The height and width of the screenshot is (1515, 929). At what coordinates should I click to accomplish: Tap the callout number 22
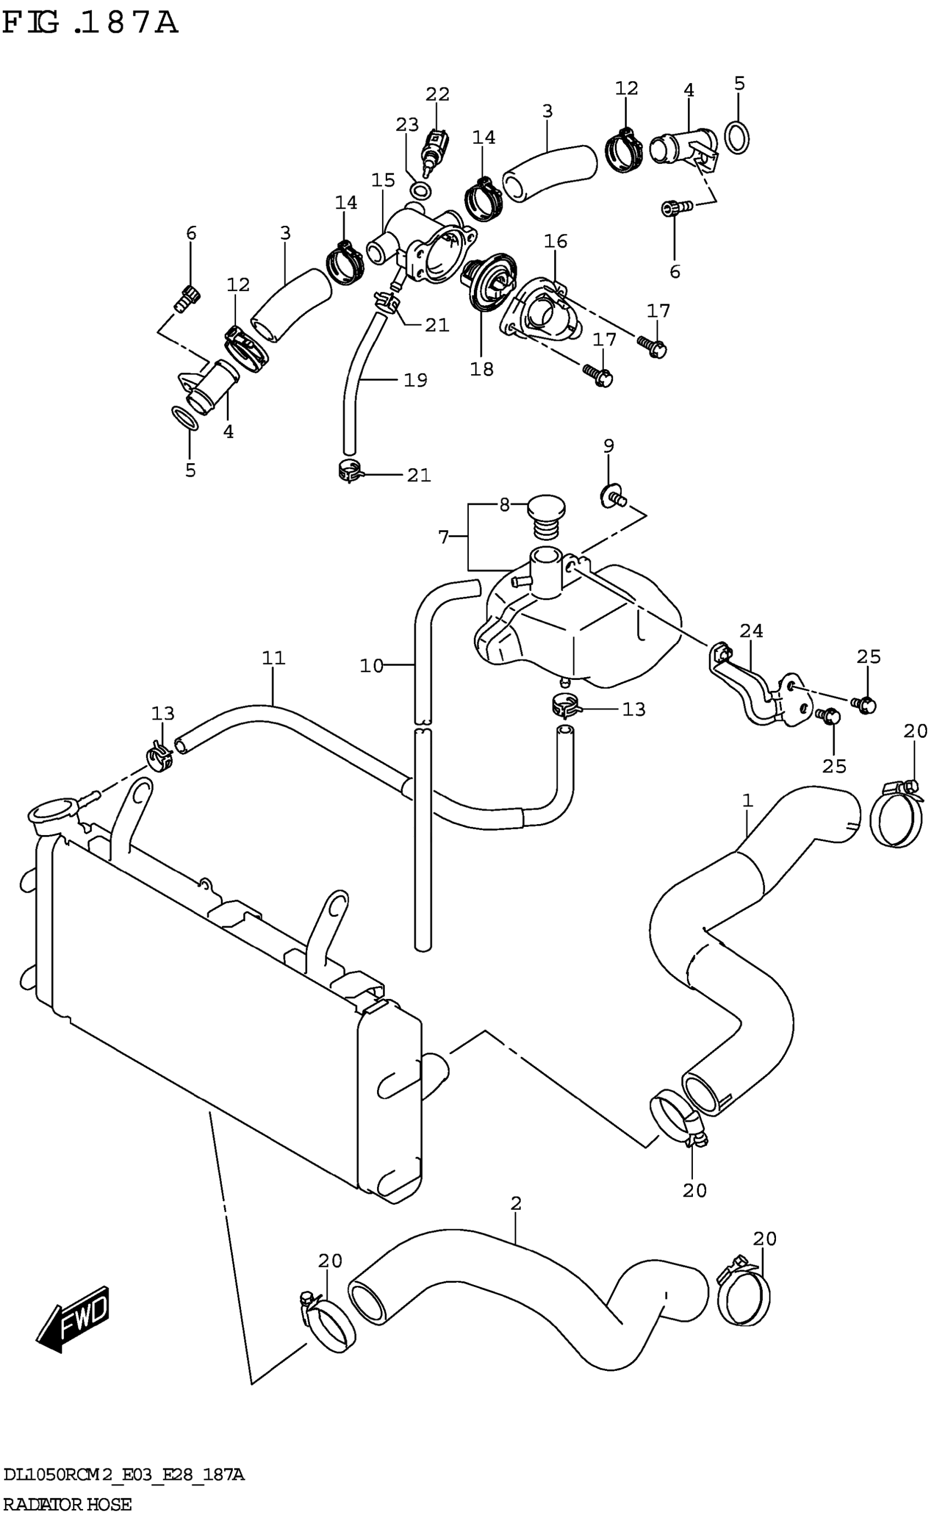[437, 94]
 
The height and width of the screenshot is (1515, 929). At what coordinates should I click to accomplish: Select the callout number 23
[407, 125]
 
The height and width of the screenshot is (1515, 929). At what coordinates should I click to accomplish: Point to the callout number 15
[383, 180]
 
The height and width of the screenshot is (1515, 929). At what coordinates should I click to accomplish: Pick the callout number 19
[415, 380]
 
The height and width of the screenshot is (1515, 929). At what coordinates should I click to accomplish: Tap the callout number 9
[608, 446]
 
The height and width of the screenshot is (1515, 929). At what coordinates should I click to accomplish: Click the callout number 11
[274, 658]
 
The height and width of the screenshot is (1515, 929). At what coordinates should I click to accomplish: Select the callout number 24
[751, 631]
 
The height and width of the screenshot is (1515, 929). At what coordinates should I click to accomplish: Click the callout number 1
[748, 800]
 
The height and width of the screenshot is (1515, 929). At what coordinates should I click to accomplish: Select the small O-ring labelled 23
[421, 190]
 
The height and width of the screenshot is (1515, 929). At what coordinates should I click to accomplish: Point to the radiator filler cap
[52, 815]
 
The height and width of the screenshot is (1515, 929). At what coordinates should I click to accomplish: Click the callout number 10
[371, 666]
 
